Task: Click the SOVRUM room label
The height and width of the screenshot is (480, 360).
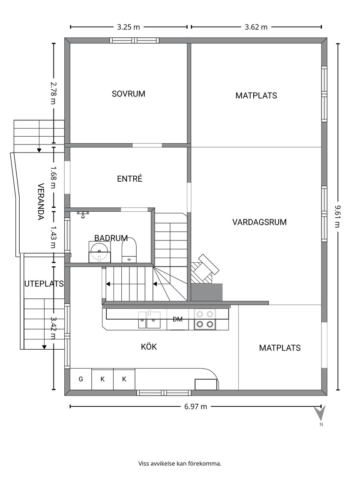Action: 128,94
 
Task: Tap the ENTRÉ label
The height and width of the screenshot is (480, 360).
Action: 130,178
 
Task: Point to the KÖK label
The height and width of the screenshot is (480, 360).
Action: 149,347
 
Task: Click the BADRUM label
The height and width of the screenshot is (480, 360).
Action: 111,238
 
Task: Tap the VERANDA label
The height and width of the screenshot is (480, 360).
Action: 41,201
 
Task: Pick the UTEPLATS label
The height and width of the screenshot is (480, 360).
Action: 44,284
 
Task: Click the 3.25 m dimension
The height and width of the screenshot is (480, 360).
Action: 129,27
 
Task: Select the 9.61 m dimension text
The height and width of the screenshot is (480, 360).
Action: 337,216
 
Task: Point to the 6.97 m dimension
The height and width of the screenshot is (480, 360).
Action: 195,407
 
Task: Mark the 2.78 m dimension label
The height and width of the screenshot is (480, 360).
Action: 53,93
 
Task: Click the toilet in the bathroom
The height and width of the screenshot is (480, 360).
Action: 129,251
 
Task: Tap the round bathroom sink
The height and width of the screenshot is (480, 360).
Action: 99,252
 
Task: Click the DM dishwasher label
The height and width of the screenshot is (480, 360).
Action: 177,319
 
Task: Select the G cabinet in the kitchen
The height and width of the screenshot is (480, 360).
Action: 81,379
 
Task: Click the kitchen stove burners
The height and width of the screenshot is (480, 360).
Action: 205,319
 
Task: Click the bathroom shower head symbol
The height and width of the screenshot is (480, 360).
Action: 83,214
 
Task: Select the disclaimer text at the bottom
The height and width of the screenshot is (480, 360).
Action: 180,463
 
